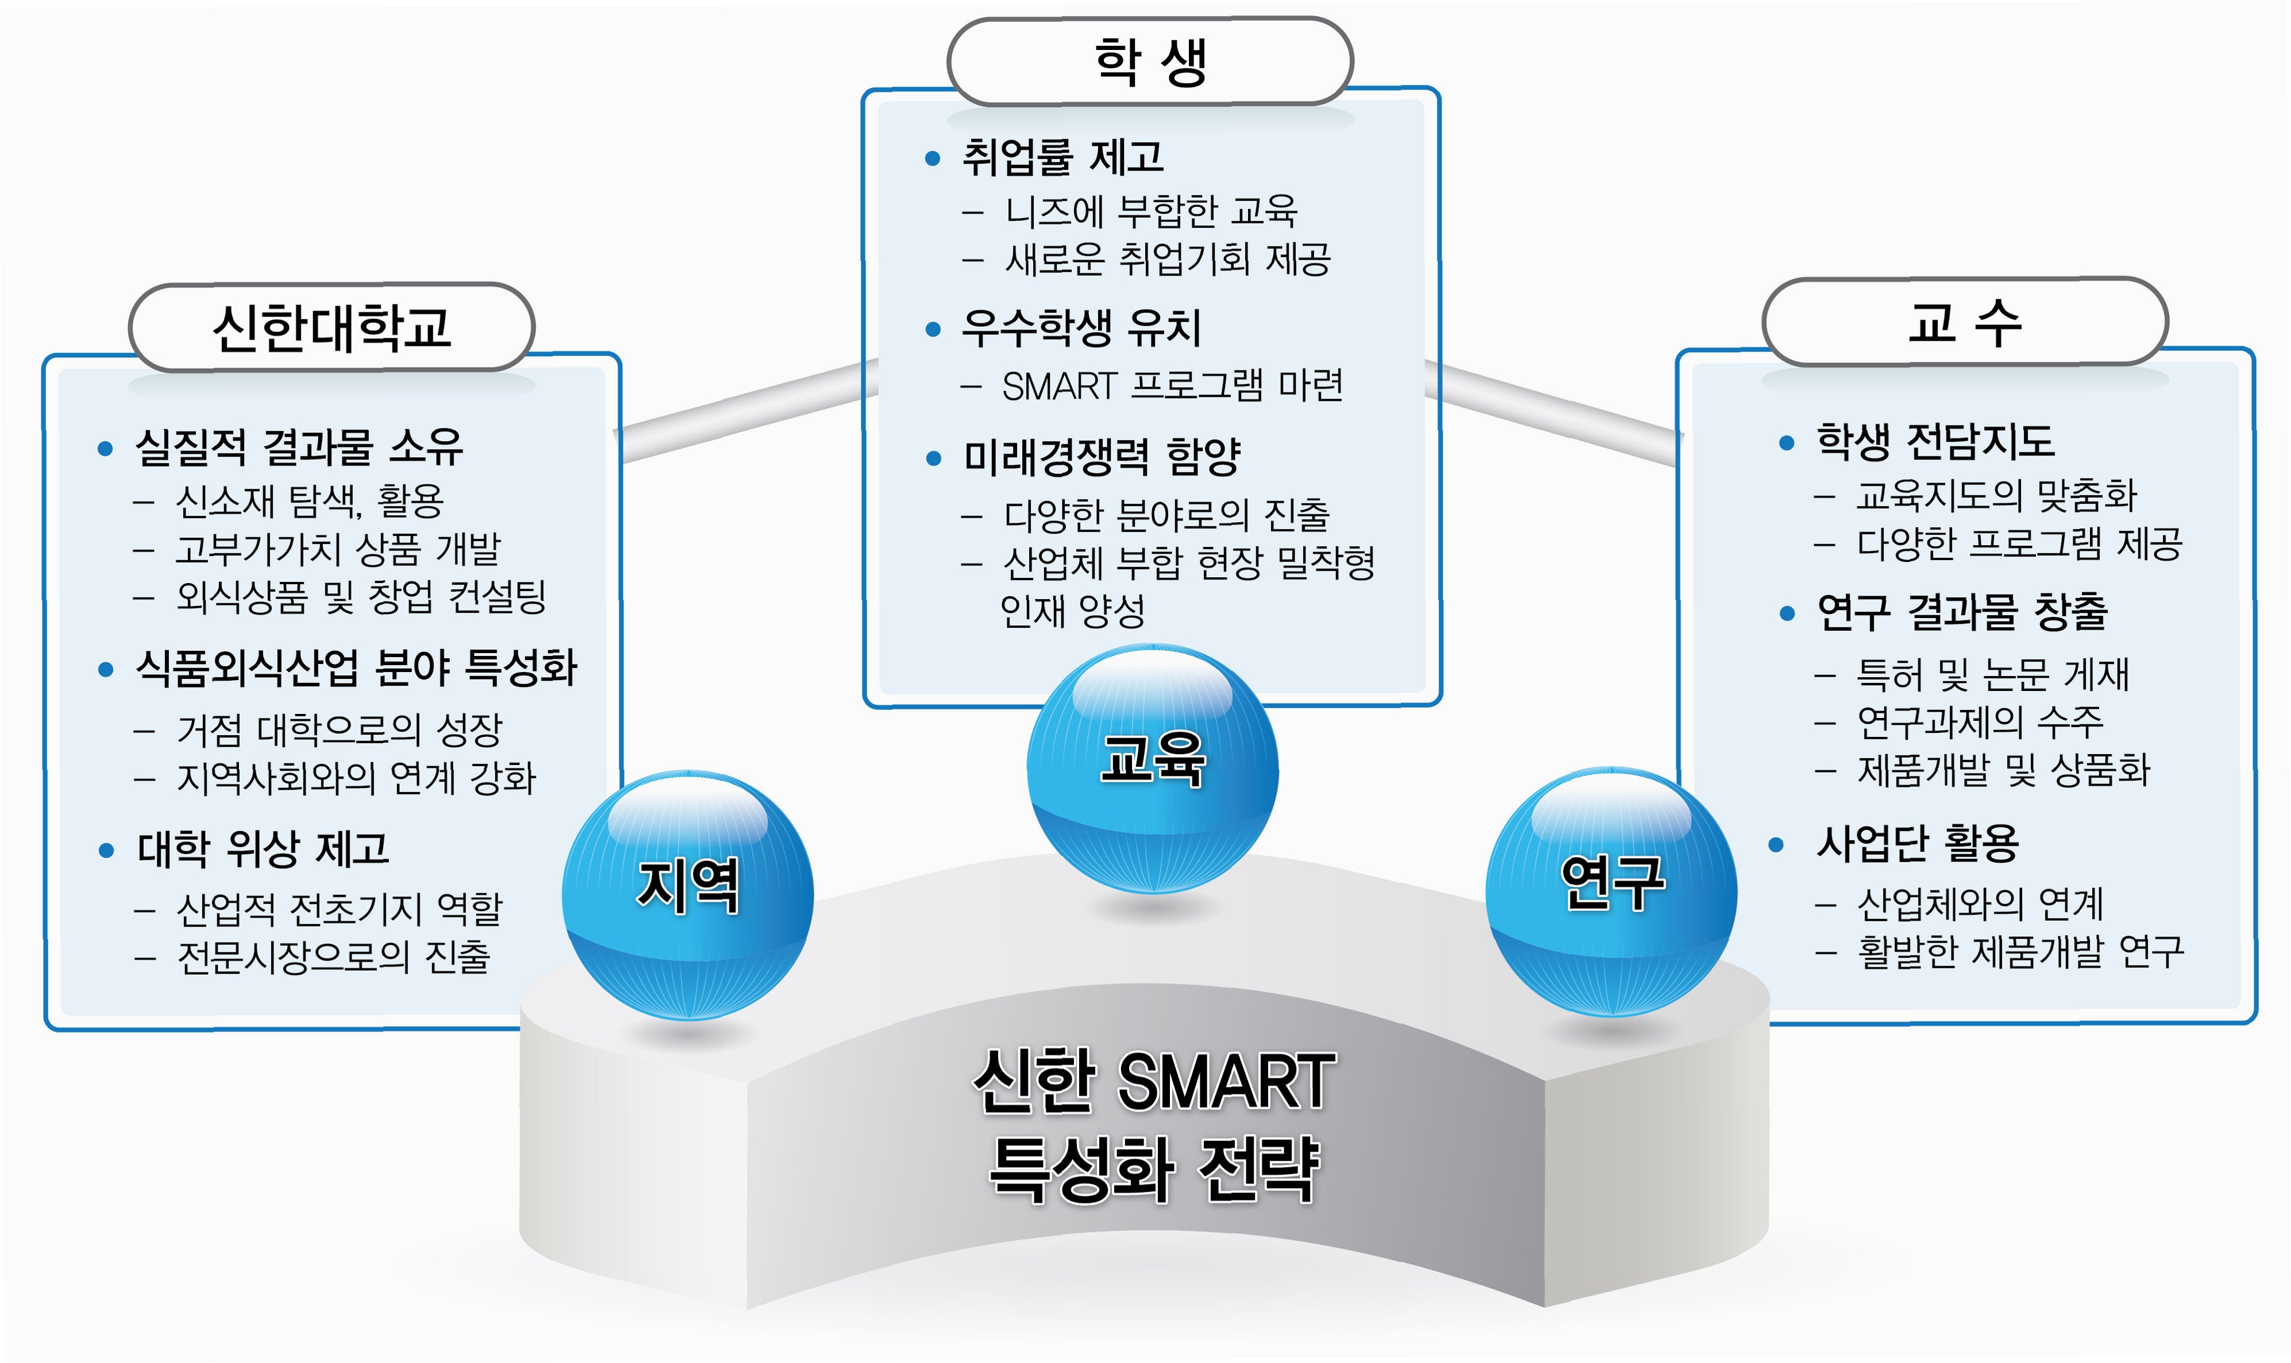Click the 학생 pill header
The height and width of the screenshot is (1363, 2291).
[x=1149, y=61]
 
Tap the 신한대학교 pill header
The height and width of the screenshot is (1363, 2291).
[x=332, y=327]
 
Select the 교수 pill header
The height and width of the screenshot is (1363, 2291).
[x=1964, y=322]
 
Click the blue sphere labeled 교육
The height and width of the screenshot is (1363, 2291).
[x=1152, y=768]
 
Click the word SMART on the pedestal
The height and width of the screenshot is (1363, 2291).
[x=1226, y=1082]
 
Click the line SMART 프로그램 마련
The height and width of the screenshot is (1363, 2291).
[x=1172, y=386]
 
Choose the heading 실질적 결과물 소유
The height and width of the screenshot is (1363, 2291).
[x=299, y=447]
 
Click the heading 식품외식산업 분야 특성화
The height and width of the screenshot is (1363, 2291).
[x=356, y=668]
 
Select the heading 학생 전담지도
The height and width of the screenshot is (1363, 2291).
[x=1935, y=442]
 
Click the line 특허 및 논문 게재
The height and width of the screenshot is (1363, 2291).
[x=1992, y=674]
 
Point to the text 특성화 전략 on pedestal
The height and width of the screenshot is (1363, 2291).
[x=1154, y=1168]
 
